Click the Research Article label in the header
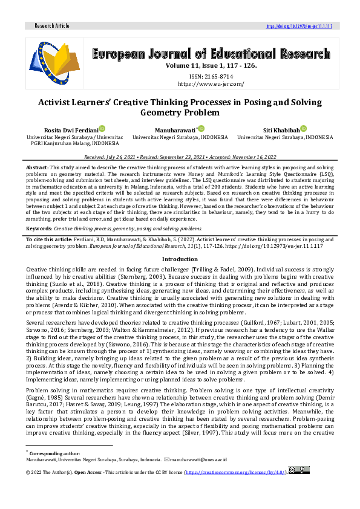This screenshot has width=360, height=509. pos(52,26)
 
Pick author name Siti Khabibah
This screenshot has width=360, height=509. pos(280,130)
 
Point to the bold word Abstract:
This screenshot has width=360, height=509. pos(37,166)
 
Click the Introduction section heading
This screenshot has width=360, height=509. pos(180,259)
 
